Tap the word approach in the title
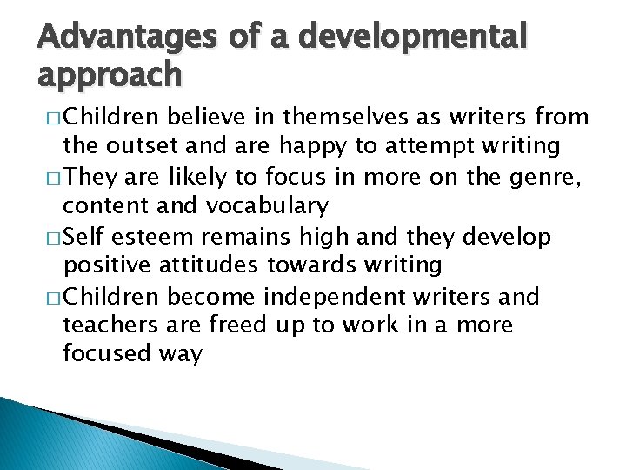click(x=110, y=77)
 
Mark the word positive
click(x=106, y=265)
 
